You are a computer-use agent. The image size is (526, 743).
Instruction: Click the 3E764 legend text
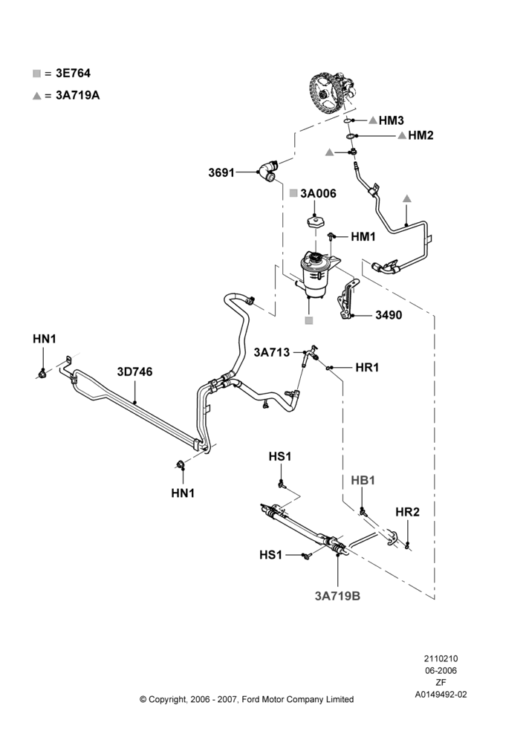coord(73,74)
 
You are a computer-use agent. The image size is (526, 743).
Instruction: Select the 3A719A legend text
coord(78,95)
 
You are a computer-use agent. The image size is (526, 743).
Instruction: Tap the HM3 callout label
coord(391,120)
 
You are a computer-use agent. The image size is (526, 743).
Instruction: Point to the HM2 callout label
coord(421,135)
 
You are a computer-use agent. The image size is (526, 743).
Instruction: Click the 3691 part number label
coord(221,172)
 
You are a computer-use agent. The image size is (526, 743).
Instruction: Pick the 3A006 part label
coord(318,193)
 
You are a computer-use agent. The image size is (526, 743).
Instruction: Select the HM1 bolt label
coord(363,236)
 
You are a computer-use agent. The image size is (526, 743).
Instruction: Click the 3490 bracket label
coord(389,315)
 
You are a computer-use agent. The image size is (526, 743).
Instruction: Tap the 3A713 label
coord(271,352)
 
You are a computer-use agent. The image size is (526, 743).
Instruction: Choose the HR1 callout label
coord(367,367)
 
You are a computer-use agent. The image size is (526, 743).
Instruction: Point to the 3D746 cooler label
coord(135,371)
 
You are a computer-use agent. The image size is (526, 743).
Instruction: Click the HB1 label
coord(363,480)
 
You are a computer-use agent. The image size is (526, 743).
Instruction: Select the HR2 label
coord(408,512)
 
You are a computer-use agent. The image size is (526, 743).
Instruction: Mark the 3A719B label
coord(337,596)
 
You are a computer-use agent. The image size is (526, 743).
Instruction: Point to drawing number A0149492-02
coord(441,695)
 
